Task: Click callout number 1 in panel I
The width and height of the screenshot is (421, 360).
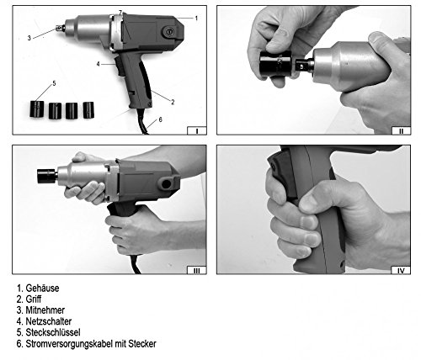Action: pos(196,19)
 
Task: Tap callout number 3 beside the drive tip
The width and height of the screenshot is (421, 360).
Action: pos(29,38)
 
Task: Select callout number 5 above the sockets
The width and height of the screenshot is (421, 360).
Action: pos(54,83)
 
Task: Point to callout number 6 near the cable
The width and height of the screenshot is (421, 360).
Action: pos(160,119)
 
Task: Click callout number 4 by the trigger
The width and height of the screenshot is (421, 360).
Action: pos(98,64)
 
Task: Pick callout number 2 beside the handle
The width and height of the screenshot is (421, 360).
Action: pos(173,102)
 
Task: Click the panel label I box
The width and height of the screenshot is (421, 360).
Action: pos(197,130)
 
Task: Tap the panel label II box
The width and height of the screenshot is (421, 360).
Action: pos(401,130)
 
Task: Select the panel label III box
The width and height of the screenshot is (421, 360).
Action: pos(197,270)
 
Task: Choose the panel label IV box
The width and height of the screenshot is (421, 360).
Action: pos(401,270)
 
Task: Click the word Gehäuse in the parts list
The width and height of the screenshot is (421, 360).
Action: pos(42,289)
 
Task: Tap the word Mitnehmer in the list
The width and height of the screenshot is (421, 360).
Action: pos(45,310)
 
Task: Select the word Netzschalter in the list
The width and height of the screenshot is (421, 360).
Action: pos(49,321)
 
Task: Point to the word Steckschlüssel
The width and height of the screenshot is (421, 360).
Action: pos(53,332)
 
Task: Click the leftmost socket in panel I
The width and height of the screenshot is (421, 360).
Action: pos(37,109)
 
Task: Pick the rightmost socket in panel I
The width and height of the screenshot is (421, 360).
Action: pos(88,110)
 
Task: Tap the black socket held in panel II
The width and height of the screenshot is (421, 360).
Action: pos(276,64)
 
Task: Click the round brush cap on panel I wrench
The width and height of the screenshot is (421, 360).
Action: pos(168,32)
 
